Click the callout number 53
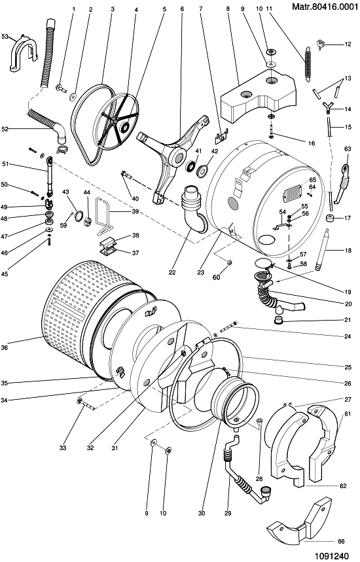pyautogui.click(x=5, y=36)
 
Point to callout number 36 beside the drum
pyautogui.click(x=5, y=347)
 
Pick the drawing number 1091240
pyautogui.click(x=332, y=556)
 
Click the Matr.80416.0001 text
pyautogui.click(x=325, y=7)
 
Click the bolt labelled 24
pyautogui.click(x=226, y=327)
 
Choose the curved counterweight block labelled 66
pyautogui.click(x=299, y=520)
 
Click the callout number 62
pyautogui.click(x=343, y=485)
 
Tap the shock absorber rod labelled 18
pyautogui.click(x=321, y=249)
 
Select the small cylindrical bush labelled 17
pyautogui.click(x=330, y=219)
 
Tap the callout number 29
pyautogui.click(x=228, y=513)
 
